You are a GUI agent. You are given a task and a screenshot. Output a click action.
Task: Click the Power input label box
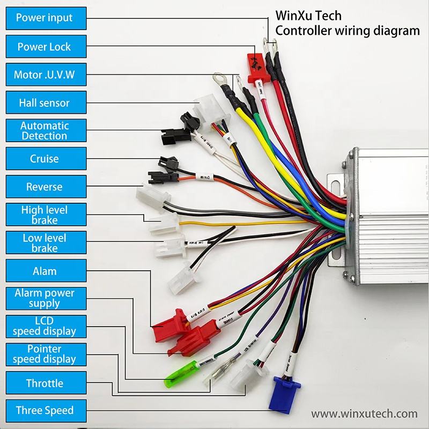[x=45, y=18]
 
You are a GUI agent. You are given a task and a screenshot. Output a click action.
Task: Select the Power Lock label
[x=45, y=47]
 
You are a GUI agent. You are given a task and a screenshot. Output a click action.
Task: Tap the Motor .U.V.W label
[x=45, y=75]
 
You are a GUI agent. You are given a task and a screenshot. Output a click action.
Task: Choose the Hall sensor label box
[x=45, y=102]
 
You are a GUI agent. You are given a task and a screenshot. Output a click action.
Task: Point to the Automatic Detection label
[x=45, y=130]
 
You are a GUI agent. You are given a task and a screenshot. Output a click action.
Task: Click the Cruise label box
[x=45, y=159]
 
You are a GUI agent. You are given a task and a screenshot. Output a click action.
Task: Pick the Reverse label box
[x=45, y=187]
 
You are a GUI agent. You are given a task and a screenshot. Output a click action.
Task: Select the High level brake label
[x=45, y=214]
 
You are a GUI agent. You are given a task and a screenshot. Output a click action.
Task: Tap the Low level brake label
[x=45, y=243]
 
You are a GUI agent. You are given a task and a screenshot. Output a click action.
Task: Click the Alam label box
[x=45, y=271]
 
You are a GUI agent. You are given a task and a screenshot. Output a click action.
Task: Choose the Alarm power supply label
[x=45, y=298]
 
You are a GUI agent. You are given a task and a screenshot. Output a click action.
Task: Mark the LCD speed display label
[x=45, y=326]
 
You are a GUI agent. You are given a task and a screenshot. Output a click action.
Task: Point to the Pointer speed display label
[x=45, y=354]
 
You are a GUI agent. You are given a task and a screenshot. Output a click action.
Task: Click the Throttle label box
[x=45, y=383]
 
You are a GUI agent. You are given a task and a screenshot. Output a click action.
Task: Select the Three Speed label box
[x=45, y=411]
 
